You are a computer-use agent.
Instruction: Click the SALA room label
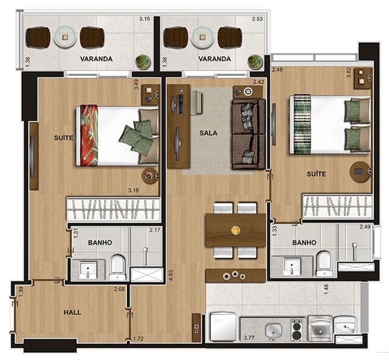209,133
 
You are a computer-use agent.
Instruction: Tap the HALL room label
73,312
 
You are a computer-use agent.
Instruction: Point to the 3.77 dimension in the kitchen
249,338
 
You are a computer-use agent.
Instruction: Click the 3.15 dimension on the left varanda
144,19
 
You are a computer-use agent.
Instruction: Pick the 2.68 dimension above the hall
119,289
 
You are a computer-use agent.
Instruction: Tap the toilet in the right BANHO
324,264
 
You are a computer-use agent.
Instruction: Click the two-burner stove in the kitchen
297,330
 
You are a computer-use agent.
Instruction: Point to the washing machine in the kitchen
320,328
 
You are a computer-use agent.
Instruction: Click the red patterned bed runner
89,136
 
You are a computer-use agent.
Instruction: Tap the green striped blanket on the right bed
303,124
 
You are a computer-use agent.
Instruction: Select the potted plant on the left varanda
143,61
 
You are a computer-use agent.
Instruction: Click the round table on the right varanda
203,37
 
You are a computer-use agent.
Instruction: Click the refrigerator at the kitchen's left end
223,327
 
